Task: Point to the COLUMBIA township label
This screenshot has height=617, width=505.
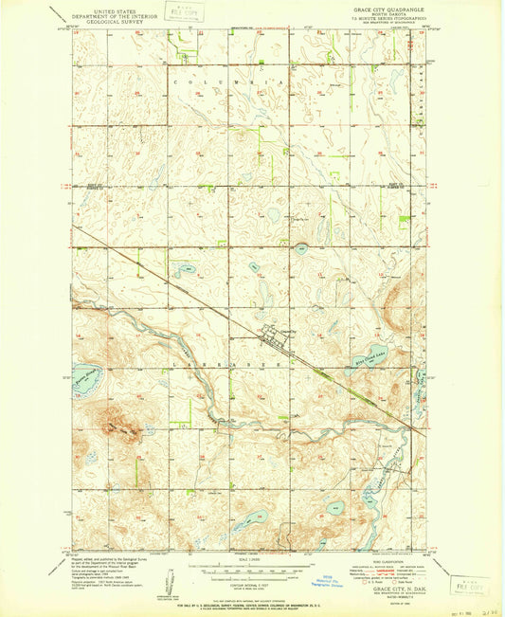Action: click(x=228, y=83)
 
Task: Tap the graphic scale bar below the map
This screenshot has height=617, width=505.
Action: click(x=248, y=572)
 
